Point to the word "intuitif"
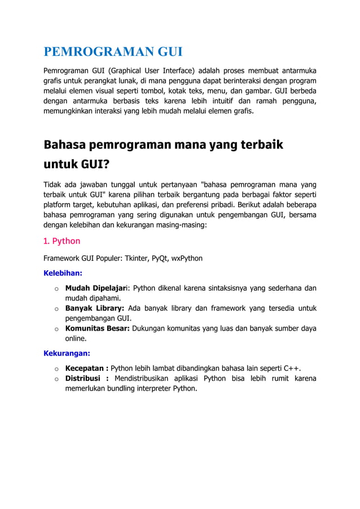coord(227,102)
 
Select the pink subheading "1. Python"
coord(62,241)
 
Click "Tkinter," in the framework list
coord(134,258)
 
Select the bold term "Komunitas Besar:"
coord(98,328)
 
